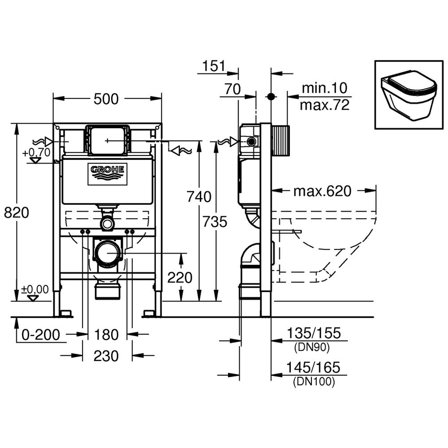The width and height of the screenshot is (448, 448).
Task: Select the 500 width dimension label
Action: point(106,99)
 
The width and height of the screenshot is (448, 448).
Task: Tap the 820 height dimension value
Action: point(17,213)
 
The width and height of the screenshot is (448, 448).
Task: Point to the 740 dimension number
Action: point(198,196)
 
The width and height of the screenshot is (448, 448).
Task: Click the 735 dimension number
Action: point(215,222)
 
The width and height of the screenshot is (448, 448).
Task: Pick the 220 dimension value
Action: point(180,278)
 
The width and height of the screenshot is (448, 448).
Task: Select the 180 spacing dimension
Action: point(107,334)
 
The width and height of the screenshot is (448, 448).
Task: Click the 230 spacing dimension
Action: point(107,356)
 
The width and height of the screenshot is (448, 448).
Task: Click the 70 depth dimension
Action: point(233,90)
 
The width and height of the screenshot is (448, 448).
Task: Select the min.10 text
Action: point(324,88)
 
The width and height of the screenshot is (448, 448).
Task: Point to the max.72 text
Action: point(324,105)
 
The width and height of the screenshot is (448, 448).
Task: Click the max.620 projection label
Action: point(322,191)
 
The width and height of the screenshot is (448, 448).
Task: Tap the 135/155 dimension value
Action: point(314,333)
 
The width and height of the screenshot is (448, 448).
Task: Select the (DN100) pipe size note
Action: point(314,382)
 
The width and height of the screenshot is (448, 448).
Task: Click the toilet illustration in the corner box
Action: point(408,95)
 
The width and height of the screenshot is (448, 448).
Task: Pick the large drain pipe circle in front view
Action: point(108,254)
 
